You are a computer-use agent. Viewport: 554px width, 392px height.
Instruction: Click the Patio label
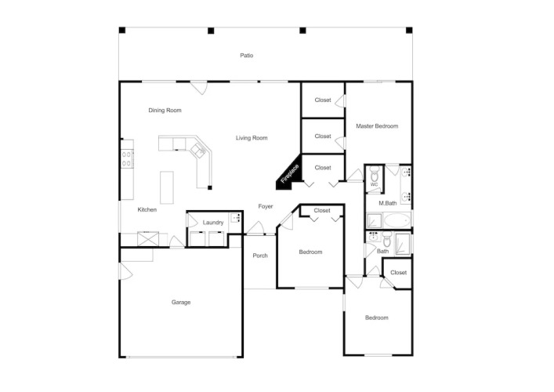tap(247, 56)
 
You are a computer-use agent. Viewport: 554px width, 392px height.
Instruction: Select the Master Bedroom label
tap(377, 126)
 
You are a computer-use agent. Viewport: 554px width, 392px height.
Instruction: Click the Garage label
tap(181, 302)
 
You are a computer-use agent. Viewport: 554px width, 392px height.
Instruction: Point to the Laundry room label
tap(213, 223)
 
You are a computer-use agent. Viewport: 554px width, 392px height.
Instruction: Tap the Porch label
tap(260, 256)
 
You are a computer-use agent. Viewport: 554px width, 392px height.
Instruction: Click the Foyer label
tap(266, 206)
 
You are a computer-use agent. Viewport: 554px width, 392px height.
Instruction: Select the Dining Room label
tap(165, 111)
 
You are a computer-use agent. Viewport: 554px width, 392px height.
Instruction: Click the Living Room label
tap(252, 138)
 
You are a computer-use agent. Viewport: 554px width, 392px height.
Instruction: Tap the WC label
tap(374, 184)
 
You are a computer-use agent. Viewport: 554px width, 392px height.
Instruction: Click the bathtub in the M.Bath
tap(397, 220)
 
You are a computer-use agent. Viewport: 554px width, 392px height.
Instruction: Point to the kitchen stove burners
tap(127, 158)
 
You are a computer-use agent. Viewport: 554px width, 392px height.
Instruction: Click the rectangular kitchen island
tap(167, 187)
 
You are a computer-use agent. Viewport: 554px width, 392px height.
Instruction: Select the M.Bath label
tap(388, 203)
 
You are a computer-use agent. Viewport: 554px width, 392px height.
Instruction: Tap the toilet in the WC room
tap(374, 173)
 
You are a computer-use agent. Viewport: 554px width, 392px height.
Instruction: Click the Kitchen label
tap(147, 210)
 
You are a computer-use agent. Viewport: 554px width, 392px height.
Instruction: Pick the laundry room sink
tap(235, 218)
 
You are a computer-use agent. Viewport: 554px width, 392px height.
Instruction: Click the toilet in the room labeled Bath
tap(387, 240)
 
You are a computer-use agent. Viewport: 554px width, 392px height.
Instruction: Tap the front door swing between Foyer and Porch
tap(255, 227)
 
